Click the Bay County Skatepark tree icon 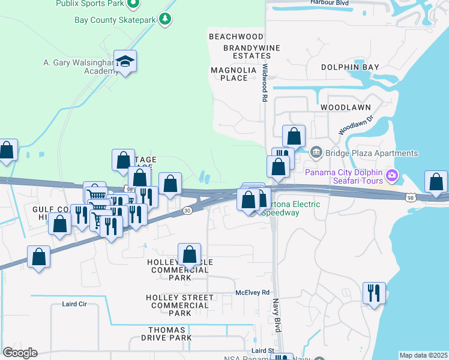click(x=166, y=20)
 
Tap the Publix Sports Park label click(x=91, y=4)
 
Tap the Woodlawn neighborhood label click(x=345, y=107)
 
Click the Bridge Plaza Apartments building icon click(x=316, y=153)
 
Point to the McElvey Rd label click(x=253, y=292)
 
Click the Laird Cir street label click(x=74, y=304)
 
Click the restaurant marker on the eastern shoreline click(x=374, y=293)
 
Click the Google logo click(x=19, y=353)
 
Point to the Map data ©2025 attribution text click(x=423, y=355)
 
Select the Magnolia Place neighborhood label click(x=233, y=74)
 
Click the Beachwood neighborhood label click(x=236, y=37)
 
